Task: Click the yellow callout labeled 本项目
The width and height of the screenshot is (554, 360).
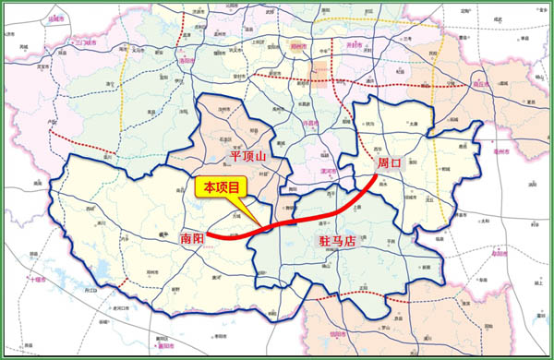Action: click(222, 186)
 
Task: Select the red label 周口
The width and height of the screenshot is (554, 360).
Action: click(390, 162)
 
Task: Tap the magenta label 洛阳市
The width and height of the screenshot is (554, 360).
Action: click(188, 61)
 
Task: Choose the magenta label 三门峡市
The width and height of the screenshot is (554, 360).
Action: click(91, 42)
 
